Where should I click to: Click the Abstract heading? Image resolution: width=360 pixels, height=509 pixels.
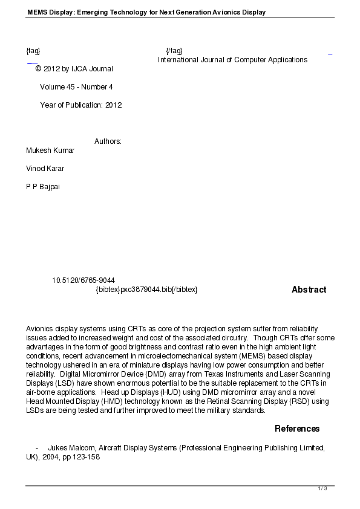309,290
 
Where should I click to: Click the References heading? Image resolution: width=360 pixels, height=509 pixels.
297,429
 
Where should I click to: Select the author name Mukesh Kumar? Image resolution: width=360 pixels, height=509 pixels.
50,150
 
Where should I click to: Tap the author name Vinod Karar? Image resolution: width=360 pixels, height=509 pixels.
45,168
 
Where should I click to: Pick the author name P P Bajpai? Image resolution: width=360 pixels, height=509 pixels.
43,186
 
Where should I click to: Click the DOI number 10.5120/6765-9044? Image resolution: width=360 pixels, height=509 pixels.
83,280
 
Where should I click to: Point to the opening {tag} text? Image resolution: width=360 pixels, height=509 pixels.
33,50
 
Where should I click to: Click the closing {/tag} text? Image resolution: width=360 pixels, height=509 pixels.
174,50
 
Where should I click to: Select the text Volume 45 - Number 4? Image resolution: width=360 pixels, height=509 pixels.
76,86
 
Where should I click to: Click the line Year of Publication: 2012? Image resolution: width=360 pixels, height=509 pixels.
81,105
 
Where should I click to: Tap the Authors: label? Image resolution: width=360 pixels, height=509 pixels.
108,141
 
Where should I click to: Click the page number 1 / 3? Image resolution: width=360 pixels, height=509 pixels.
322,488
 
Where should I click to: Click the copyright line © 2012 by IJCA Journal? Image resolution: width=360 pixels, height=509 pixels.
74,68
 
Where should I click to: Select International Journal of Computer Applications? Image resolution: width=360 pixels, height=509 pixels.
232,59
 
